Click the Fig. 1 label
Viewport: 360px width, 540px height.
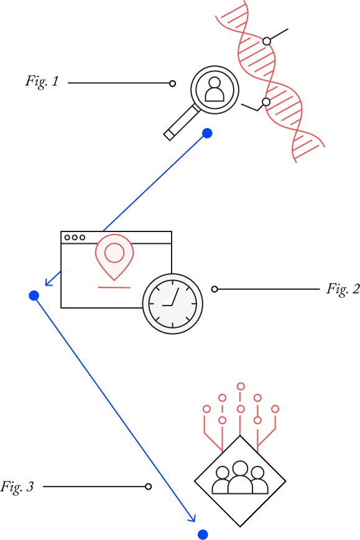42,81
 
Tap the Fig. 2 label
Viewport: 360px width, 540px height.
343,289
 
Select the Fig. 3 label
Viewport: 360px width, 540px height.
17,486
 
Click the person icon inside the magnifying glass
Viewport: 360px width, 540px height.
215,89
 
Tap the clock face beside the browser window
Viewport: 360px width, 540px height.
172,304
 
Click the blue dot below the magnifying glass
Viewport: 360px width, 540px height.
207,133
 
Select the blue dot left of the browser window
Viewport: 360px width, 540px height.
34,296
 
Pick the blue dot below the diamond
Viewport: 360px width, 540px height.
203,534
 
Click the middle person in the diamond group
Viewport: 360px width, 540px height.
240,477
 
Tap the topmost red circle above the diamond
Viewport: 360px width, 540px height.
241,386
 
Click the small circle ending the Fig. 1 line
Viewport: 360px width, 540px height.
173,83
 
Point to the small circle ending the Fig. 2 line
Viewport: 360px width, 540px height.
215,289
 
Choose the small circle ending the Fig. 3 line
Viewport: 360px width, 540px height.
149,486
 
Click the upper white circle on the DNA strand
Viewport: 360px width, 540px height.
267,41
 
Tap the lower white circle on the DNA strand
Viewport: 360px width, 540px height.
266,102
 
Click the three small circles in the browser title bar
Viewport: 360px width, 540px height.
75,238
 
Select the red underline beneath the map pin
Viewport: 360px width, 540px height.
114,287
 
